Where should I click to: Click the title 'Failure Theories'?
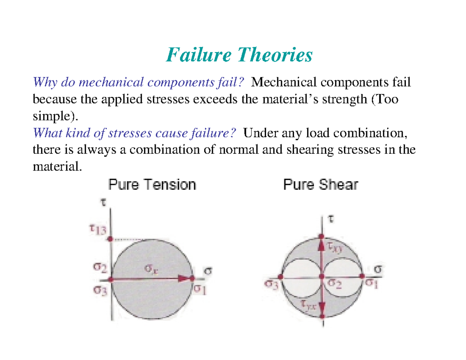coord(239,55)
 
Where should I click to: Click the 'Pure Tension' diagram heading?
coord(152,184)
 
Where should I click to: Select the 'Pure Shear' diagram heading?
coord(320,184)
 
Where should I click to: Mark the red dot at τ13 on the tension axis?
coord(111,239)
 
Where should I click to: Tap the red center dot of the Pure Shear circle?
coord(322,276)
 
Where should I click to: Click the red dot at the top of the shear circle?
coord(322,236)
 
